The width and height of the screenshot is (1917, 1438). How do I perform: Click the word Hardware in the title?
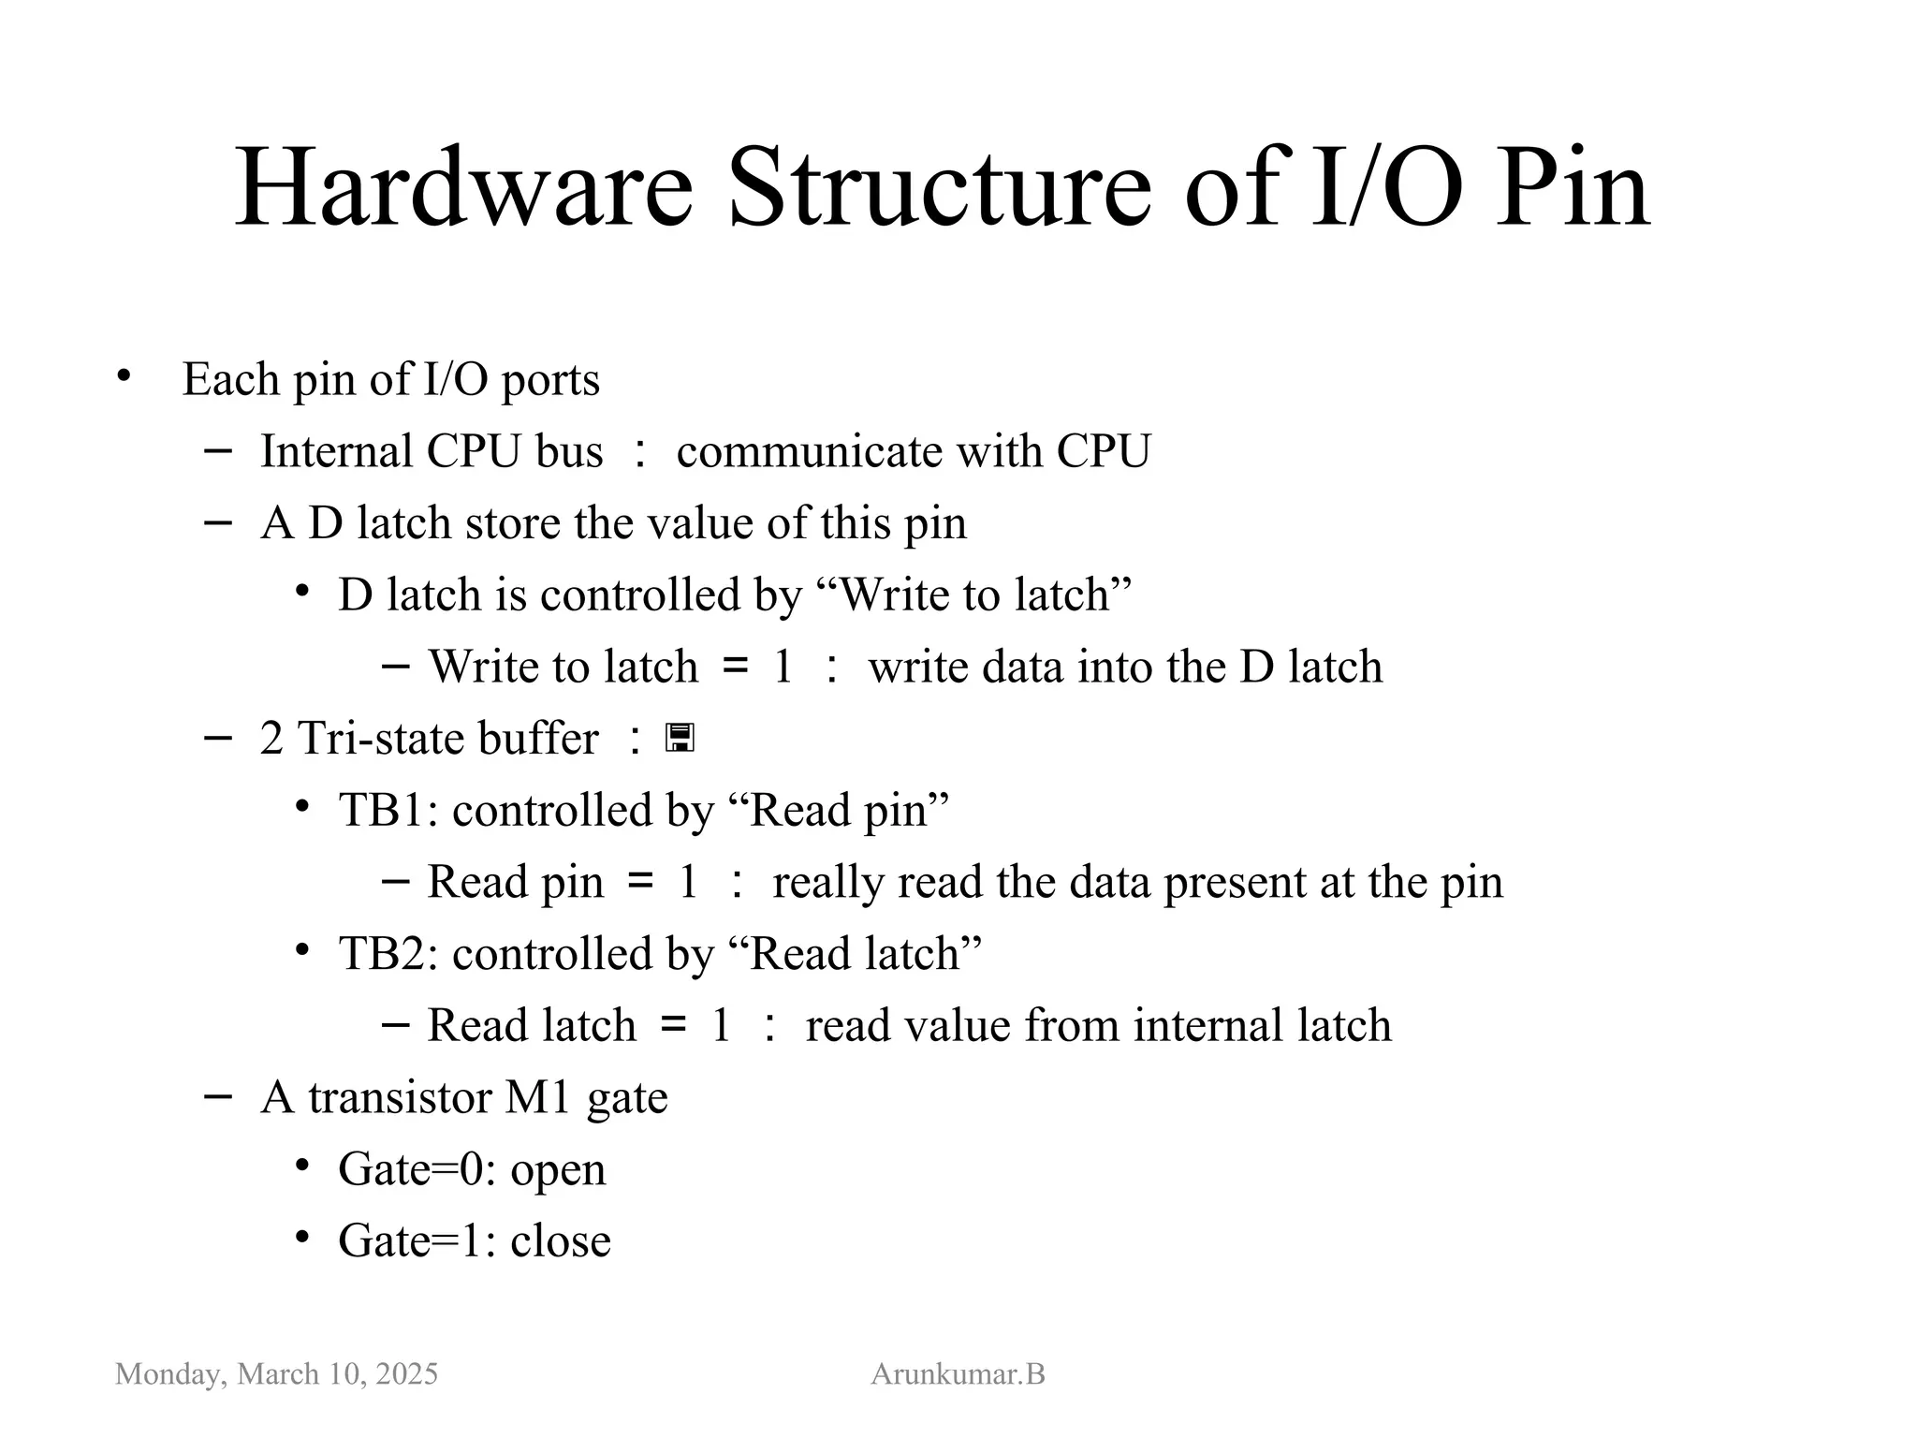[x=463, y=189]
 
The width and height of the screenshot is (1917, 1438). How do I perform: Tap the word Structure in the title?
[x=939, y=189]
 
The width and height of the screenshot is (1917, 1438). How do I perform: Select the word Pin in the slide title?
[x=1573, y=189]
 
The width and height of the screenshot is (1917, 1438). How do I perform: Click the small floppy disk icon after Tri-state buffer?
[x=680, y=739]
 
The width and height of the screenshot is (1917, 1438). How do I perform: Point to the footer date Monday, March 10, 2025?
[x=276, y=1373]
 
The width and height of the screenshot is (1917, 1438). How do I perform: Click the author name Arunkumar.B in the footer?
[x=958, y=1373]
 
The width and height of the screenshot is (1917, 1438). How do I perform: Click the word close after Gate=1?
[x=561, y=1241]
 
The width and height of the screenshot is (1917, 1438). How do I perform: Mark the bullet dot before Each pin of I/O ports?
[x=124, y=377]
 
